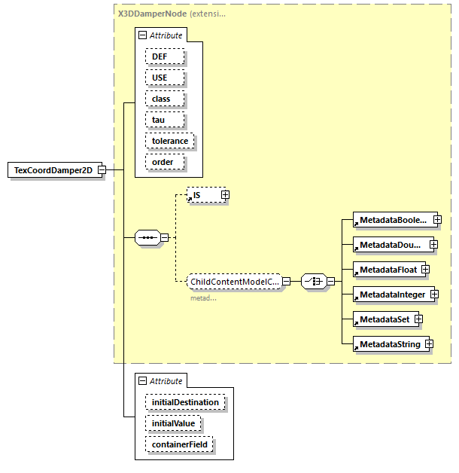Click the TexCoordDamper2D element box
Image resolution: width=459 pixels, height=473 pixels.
click(x=53, y=170)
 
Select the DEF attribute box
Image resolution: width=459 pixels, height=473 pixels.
click(x=160, y=56)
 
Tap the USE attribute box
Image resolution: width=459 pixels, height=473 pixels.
click(x=160, y=78)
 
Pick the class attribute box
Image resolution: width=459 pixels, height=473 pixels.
click(x=162, y=99)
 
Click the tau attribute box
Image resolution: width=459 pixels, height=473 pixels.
click(x=158, y=120)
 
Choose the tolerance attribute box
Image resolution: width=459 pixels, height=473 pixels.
click(x=170, y=141)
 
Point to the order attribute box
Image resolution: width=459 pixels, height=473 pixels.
click(x=163, y=162)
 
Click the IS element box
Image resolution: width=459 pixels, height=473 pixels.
click(x=202, y=195)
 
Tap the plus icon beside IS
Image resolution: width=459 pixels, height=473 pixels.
click(x=225, y=195)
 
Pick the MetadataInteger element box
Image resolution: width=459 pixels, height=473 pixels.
click(x=392, y=294)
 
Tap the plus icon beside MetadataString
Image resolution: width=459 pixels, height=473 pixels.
click(x=429, y=344)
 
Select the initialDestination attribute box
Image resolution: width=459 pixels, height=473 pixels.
click(x=185, y=402)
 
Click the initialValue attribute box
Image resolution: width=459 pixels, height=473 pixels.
click(x=173, y=423)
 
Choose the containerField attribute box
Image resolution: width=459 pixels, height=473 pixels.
click(x=179, y=444)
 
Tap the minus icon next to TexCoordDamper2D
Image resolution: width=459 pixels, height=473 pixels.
click(x=101, y=170)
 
